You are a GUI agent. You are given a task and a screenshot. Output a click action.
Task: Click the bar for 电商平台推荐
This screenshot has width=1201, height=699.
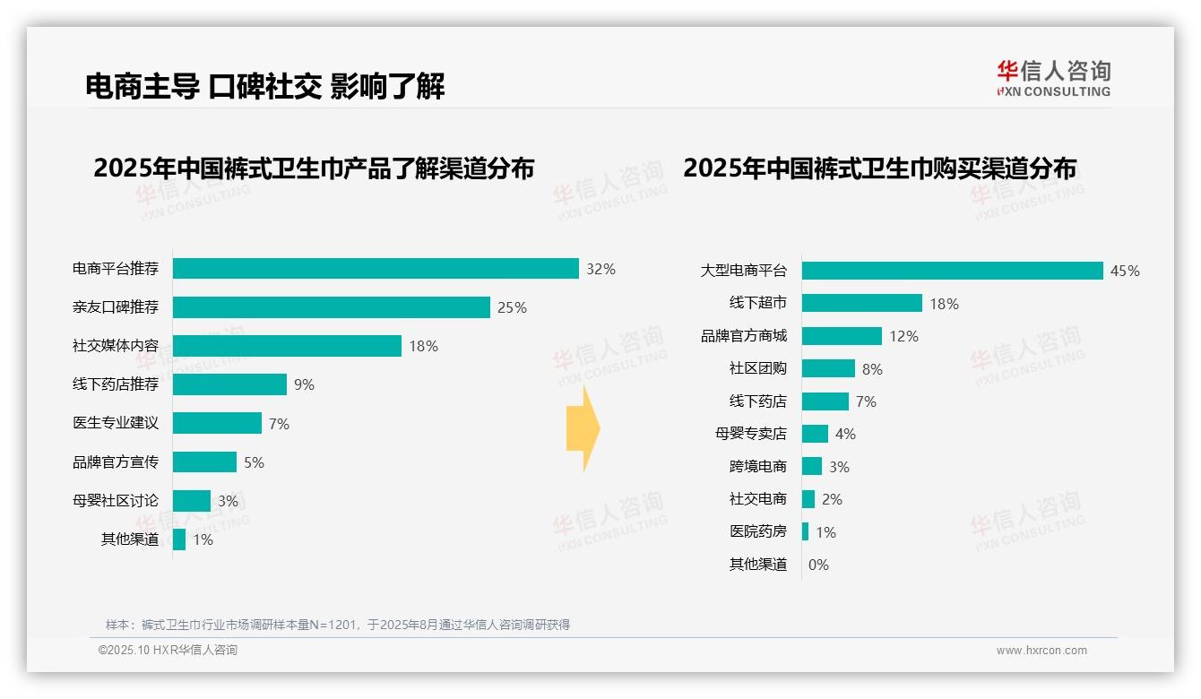tap(376, 269)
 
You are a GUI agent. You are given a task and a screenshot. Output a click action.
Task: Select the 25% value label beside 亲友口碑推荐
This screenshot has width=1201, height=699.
tap(512, 307)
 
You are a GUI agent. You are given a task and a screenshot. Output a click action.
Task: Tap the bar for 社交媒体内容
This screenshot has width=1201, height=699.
tap(287, 346)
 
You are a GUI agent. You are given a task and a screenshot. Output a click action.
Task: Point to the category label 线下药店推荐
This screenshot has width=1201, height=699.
tap(116, 384)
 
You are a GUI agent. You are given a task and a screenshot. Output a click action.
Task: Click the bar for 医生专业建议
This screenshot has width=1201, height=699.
tap(217, 423)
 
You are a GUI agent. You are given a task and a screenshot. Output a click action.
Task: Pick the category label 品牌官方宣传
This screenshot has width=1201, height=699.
tap(116, 462)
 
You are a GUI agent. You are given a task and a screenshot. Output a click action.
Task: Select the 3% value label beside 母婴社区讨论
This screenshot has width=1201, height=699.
tap(228, 501)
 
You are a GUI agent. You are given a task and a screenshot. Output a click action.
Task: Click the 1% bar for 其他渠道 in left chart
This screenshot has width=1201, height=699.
tap(179, 539)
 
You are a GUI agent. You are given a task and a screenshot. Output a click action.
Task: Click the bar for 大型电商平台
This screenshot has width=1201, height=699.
tap(952, 271)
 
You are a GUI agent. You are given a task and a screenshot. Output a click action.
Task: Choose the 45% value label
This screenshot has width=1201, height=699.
tap(1125, 271)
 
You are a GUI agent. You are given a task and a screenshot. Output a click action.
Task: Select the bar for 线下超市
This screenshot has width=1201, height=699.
tap(861, 303)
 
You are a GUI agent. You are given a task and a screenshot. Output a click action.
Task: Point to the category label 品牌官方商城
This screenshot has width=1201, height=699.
tap(744, 336)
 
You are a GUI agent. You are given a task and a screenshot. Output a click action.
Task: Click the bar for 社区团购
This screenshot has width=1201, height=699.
tap(828, 368)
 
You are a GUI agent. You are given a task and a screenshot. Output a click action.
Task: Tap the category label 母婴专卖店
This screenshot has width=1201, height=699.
tap(751, 434)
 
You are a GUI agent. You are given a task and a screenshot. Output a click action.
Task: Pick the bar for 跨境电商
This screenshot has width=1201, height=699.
tap(812, 466)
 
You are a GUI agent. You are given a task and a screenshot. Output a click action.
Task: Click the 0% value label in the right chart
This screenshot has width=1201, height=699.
tap(818, 565)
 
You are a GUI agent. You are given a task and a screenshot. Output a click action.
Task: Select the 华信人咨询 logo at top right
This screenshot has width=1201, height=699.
tap(1053, 78)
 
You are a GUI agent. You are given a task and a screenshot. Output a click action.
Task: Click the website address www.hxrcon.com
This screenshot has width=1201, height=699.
tap(1041, 651)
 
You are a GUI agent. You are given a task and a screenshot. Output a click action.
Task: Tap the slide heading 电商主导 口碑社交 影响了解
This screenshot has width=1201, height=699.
tap(265, 86)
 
